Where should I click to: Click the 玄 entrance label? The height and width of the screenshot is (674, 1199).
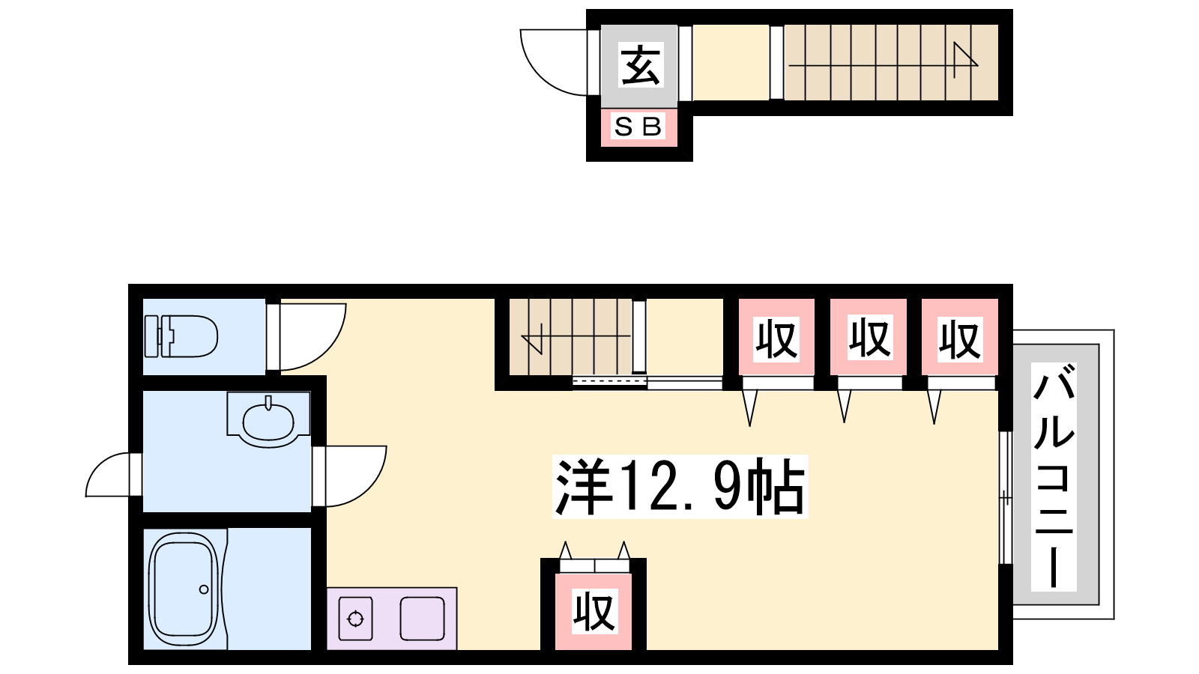pos(641,65)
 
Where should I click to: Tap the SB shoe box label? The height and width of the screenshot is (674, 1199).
pos(638,127)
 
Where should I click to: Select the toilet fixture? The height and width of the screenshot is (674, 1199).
pos(181,336)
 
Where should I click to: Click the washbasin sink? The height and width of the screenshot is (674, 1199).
pos(268,421)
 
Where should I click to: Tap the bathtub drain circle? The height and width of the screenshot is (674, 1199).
pos(203,589)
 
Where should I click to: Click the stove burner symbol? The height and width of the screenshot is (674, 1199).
pos(355,619)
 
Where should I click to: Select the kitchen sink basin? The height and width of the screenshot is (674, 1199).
pos(423,619)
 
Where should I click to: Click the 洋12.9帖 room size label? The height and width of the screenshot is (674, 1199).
pos(680,487)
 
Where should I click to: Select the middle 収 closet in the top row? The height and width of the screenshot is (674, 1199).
pos(869,338)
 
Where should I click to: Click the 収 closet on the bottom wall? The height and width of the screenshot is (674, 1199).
pos(594,611)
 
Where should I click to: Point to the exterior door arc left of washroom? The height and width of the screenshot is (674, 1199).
pos(98,467)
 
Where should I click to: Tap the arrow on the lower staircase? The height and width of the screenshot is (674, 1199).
pos(576,336)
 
